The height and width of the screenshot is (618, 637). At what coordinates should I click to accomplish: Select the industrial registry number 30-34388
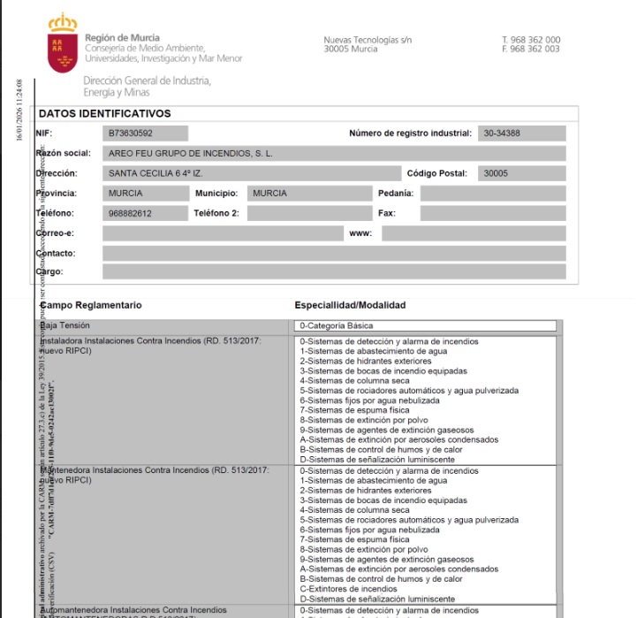click(502, 134)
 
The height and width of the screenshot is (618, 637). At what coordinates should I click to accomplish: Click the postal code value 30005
click(497, 173)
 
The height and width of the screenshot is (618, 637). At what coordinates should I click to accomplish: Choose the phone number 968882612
click(131, 213)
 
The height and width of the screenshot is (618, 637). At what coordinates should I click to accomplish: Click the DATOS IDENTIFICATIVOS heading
click(105, 114)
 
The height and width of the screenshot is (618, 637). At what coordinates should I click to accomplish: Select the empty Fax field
click(492, 213)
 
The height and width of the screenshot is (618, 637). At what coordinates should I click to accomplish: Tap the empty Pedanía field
click(492, 193)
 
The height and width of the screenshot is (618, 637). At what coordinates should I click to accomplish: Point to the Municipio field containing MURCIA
click(309, 193)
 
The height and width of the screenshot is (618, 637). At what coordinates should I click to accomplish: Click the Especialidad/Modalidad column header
click(350, 305)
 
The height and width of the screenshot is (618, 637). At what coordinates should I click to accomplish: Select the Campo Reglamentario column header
click(91, 305)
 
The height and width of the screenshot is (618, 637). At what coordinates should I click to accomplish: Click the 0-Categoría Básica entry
click(337, 326)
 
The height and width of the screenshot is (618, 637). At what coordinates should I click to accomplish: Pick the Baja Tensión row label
click(65, 325)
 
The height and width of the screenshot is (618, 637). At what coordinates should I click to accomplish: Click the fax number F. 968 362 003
click(530, 50)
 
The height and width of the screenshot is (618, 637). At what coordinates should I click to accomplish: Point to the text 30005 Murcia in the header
click(351, 50)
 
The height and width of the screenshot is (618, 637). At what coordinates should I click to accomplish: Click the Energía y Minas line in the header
click(116, 92)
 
